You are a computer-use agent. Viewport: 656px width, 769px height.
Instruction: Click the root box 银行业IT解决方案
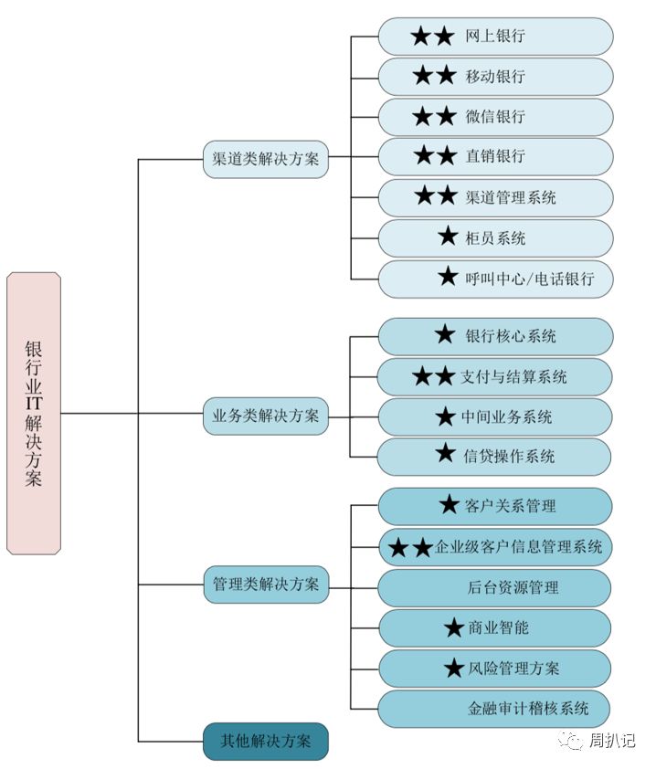tap(34, 413)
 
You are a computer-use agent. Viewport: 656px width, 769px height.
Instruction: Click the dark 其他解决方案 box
tap(266, 741)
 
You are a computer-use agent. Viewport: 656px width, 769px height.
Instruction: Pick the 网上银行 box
tap(495, 37)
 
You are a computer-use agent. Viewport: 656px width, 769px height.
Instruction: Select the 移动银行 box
tap(495, 77)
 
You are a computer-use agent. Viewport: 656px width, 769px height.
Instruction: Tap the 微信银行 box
tap(495, 117)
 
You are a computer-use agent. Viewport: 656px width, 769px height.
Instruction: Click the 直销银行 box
tap(495, 156)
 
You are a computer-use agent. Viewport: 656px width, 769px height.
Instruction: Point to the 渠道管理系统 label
tap(511, 197)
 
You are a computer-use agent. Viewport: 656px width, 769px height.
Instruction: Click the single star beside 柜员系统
tap(448, 237)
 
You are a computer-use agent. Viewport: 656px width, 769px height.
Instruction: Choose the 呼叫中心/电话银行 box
tap(495, 279)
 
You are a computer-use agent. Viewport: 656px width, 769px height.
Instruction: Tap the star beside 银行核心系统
tap(445, 335)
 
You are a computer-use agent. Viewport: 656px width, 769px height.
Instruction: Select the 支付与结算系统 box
tap(495, 376)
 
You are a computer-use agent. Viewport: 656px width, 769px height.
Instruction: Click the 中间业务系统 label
tap(506, 417)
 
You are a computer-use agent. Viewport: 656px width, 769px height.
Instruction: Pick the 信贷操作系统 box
tap(495, 456)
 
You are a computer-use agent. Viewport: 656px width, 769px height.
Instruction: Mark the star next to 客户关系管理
tap(449, 504)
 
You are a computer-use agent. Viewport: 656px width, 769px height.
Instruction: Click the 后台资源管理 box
tap(495, 587)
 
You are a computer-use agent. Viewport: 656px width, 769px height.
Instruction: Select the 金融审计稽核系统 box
tap(495, 708)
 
